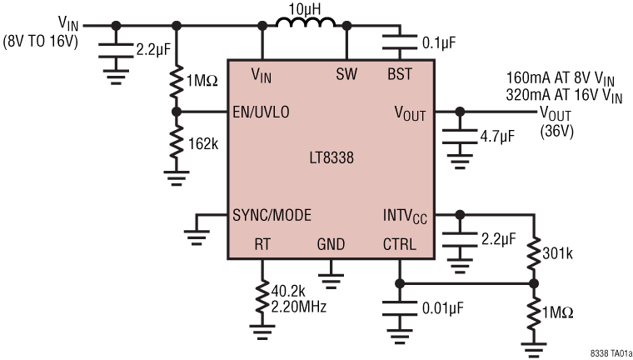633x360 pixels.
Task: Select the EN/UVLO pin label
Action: pyautogui.click(x=262, y=112)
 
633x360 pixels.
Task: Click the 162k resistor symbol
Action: pyautogui.click(x=175, y=143)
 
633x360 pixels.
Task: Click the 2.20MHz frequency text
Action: pyautogui.click(x=299, y=307)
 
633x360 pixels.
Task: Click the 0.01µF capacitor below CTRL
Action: pyautogui.click(x=401, y=308)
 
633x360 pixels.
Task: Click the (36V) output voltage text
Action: pyautogui.click(x=557, y=130)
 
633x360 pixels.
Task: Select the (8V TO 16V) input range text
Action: pyautogui.click(x=42, y=39)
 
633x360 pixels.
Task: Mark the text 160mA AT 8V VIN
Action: pyautogui.click(x=564, y=78)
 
